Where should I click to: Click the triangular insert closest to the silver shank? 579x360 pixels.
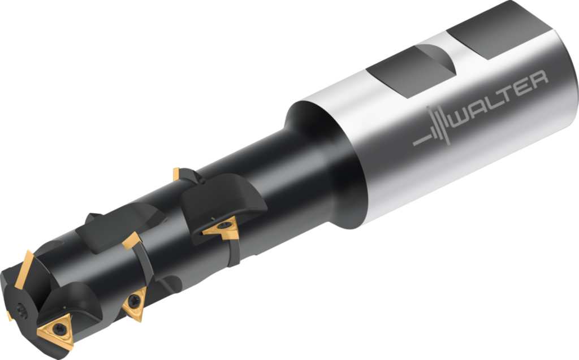tap(221, 227)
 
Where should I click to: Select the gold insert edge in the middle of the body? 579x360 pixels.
tap(131, 241)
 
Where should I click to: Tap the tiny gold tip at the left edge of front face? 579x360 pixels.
tap(8, 315)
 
